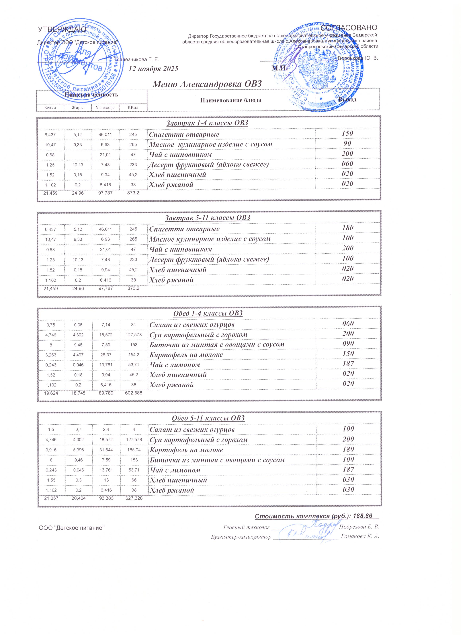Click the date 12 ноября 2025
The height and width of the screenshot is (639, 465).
(153, 68)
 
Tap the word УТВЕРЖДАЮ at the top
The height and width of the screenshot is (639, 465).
(62, 29)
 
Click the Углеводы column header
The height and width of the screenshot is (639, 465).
(105, 108)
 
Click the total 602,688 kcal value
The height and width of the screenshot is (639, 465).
(134, 393)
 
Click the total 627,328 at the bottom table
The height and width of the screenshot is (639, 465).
(134, 498)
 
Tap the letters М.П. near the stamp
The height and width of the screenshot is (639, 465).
(279, 68)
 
